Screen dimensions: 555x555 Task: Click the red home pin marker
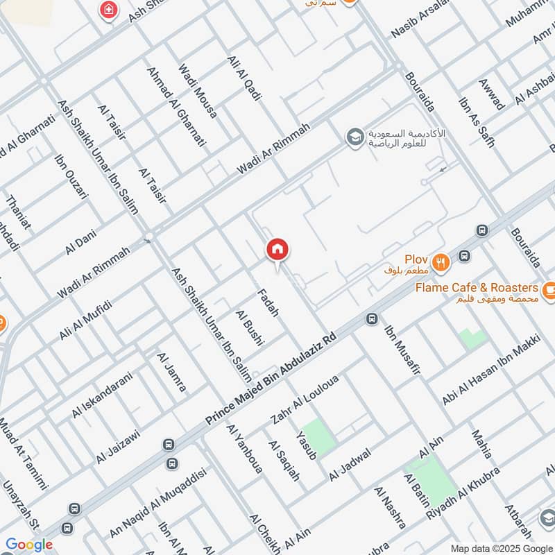point(277,250)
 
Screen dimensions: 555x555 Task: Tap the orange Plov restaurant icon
point(440,262)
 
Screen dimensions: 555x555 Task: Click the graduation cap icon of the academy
point(354,136)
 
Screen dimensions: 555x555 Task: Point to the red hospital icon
point(108,10)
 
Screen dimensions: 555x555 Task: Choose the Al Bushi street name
point(247,328)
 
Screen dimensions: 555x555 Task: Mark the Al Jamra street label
point(171,373)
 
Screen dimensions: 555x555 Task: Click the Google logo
point(30,545)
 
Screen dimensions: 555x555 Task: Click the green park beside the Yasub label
point(318,437)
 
